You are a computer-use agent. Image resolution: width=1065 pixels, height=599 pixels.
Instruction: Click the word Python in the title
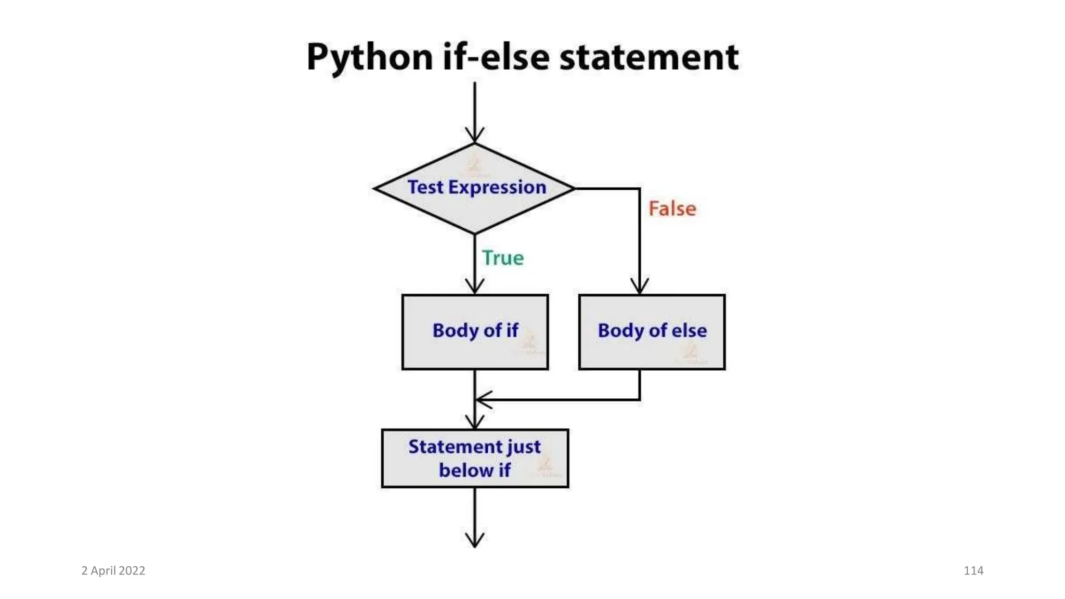(369, 57)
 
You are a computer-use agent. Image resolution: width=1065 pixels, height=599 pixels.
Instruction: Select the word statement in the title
(648, 57)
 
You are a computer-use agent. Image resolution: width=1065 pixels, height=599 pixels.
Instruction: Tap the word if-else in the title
(496, 57)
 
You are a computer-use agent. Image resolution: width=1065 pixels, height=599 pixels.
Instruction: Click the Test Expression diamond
(475, 188)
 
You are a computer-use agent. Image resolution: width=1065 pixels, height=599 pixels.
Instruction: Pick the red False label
(672, 209)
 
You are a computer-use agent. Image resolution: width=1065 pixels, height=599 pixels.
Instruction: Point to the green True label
(503, 258)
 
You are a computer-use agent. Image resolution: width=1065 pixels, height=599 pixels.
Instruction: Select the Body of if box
(475, 332)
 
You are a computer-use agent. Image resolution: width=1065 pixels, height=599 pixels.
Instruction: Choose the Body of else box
(652, 332)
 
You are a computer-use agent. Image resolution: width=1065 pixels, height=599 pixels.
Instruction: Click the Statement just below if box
(475, 458)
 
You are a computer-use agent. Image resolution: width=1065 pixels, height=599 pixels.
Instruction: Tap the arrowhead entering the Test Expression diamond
(475, 136)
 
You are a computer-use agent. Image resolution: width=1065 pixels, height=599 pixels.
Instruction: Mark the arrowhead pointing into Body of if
(475, 288)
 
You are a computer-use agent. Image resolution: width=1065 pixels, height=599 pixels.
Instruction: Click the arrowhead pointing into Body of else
(640, 288)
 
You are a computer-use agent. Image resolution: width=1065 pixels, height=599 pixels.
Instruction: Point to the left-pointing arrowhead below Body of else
(482, 400)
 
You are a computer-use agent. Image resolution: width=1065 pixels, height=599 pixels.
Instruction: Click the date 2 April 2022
(113, 570)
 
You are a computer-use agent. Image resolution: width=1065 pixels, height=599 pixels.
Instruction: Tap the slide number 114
(973, 570)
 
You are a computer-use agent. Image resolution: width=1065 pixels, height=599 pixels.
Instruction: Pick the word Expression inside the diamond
(497, 187)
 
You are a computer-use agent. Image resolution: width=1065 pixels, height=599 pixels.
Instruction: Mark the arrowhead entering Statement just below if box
(475, 422)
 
